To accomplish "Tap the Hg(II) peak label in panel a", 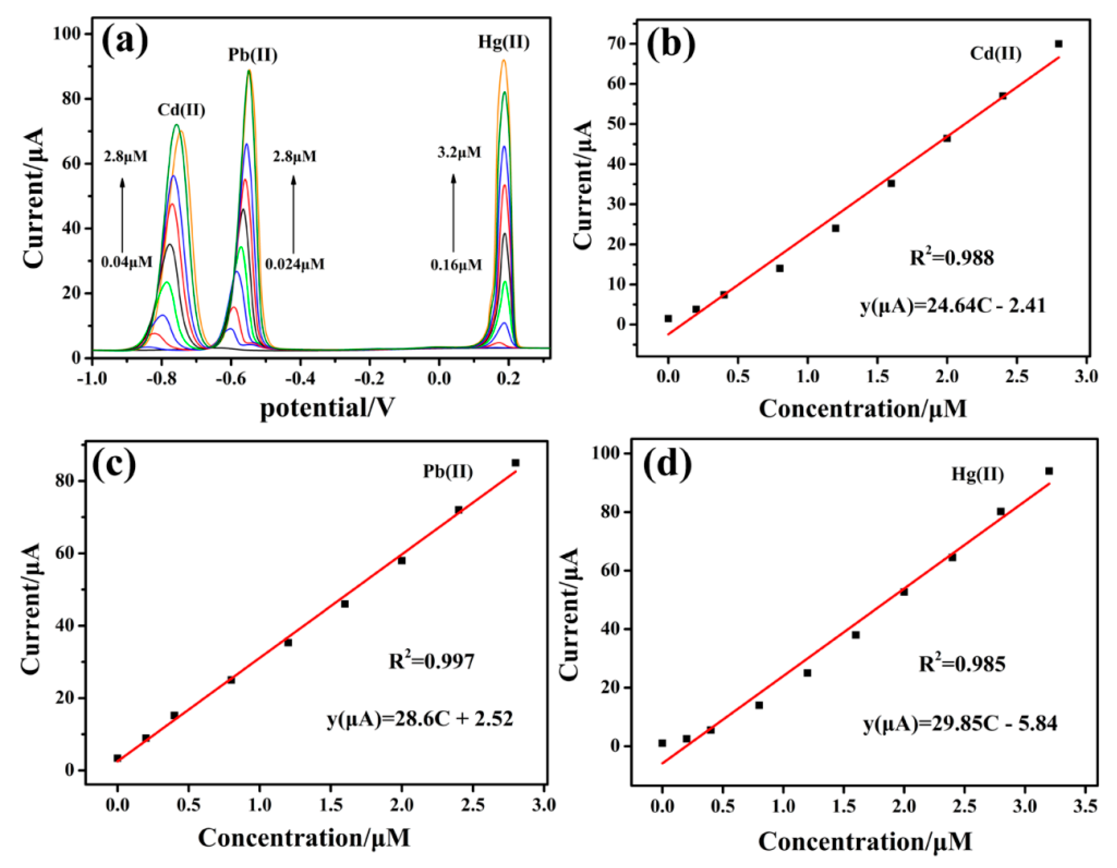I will click(504, 42).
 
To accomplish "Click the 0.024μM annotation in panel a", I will click(294, 264).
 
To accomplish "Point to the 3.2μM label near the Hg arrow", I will click(459, 152).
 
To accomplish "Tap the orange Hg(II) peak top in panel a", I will click(504, 61).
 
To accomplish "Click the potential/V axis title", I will click(327, 409).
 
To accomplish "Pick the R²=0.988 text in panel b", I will click(952, 258).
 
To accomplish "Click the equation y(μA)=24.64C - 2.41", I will click(953, 306).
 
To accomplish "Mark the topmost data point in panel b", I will click(1058, 44).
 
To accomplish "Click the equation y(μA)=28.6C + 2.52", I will click(420, 719).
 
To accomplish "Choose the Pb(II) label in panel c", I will click(448, 471).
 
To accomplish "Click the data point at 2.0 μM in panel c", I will click(402, 560).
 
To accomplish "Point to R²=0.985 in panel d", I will click(961, 664).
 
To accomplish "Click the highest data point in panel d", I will click(1049, 471).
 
